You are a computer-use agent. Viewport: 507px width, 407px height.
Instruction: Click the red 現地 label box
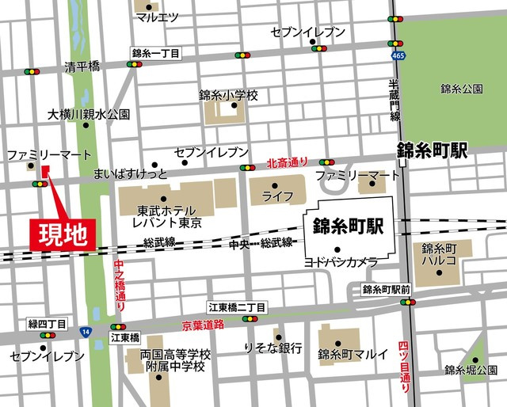[63, 233]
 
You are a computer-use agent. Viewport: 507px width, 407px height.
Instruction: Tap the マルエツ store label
[156, 17]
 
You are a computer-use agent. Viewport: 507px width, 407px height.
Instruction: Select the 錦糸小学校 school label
[229, 95]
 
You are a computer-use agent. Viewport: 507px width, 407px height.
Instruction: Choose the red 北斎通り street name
[287, 162]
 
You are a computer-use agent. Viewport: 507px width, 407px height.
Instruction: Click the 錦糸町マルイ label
[353, 354]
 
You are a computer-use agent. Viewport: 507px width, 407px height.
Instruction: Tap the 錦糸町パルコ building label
[438, 254]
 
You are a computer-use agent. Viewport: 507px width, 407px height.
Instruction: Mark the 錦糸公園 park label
[461, 89]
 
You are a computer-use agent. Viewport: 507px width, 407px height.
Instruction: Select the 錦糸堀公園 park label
[471, 370]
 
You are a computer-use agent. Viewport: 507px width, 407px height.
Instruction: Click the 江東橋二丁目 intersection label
[238, 306]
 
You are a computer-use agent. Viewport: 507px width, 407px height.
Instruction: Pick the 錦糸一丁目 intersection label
[156, 53]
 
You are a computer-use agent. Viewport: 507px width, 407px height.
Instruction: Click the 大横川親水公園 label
[89, 115]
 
